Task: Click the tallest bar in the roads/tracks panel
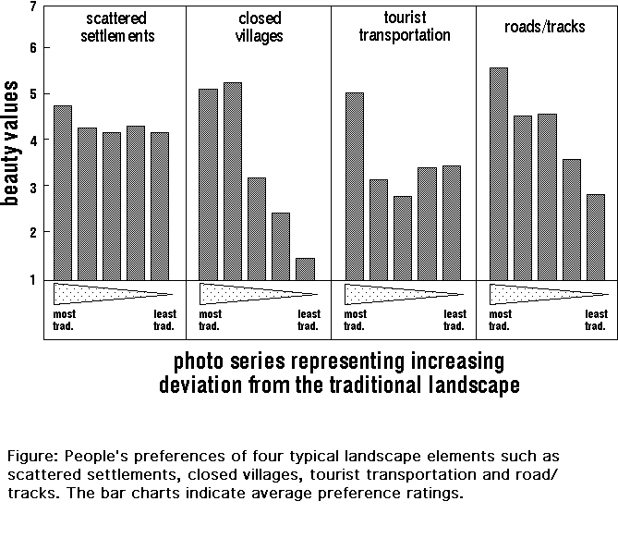click(499, 174)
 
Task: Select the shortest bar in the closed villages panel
click(305, 268)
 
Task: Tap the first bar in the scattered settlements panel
click(63, 192)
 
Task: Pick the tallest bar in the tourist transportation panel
click(354, 186)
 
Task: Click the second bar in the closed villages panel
click(233, 180)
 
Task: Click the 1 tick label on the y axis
click(33, 279)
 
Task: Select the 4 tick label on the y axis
click(33, 141)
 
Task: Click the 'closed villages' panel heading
click(258, 29)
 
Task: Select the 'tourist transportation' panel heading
click(404, 27)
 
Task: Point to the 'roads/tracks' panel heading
click(547, 27)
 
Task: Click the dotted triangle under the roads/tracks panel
click(536, 294)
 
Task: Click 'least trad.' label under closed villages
click(309, 320)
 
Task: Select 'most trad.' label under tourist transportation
click(356, 320)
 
